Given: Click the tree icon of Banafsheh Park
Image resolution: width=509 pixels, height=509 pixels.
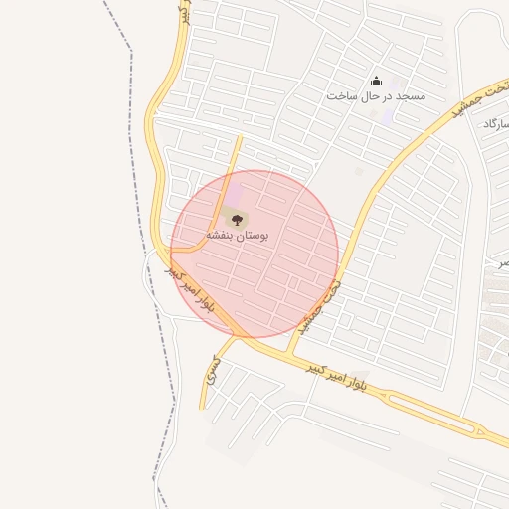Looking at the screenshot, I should coord(237,218).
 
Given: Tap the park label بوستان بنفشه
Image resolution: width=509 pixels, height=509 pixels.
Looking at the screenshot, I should coord(239,235).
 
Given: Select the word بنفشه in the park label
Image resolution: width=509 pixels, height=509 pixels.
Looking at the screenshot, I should coord(221,235).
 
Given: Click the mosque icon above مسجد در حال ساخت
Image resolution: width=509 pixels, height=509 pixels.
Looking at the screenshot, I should coord(376,82).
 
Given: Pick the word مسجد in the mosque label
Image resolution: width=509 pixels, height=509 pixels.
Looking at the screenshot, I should coord(410,96).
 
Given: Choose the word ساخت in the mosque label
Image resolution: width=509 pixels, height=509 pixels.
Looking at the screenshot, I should coord(341,96).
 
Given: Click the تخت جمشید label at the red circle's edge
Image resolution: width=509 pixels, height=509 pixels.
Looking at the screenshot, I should coord(321,305).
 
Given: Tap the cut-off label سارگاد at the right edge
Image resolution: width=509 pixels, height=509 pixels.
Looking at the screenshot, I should coord(496,124).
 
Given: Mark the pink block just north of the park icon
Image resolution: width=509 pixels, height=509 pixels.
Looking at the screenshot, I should coord(235,191).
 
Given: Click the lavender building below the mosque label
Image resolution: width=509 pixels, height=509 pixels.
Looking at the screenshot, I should coord(386,114).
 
